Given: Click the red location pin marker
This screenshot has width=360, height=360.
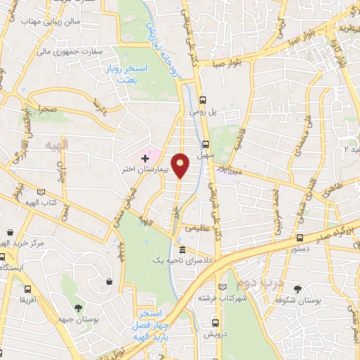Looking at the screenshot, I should pyautogui.click(x=181, y=167).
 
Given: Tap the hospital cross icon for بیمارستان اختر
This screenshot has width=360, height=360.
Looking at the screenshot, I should pyautogui.click(x=145, y=159).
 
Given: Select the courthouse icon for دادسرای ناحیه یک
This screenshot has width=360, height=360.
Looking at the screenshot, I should pyautogui.click(x=182, y=250).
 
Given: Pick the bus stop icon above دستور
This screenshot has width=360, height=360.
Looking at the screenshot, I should pyautogui.click(x=300, y=238).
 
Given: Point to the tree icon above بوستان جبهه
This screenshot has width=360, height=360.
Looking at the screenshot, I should pyautogui.click(x=77, y=307).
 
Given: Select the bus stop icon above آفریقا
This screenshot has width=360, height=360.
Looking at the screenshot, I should pyautogui.click(x=27, y=288).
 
